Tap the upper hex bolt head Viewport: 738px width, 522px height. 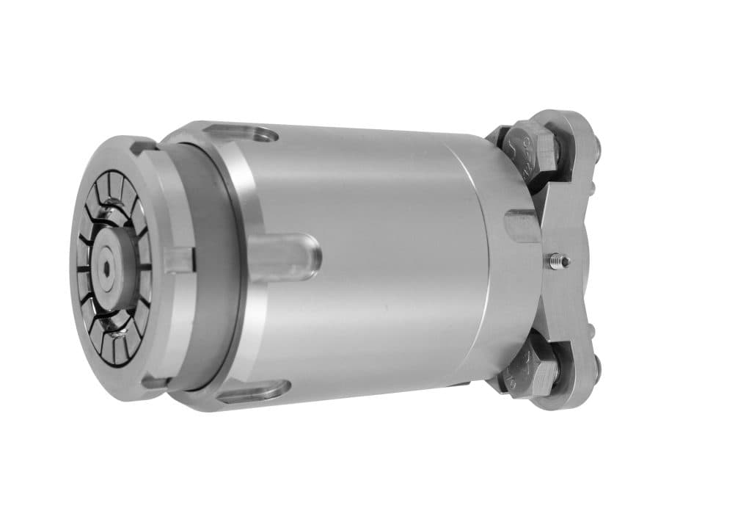pos(530,150)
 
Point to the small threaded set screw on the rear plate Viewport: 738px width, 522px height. pos(559,259)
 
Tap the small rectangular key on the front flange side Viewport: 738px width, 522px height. pos(178,260)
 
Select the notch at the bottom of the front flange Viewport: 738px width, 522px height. pos(153,381)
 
